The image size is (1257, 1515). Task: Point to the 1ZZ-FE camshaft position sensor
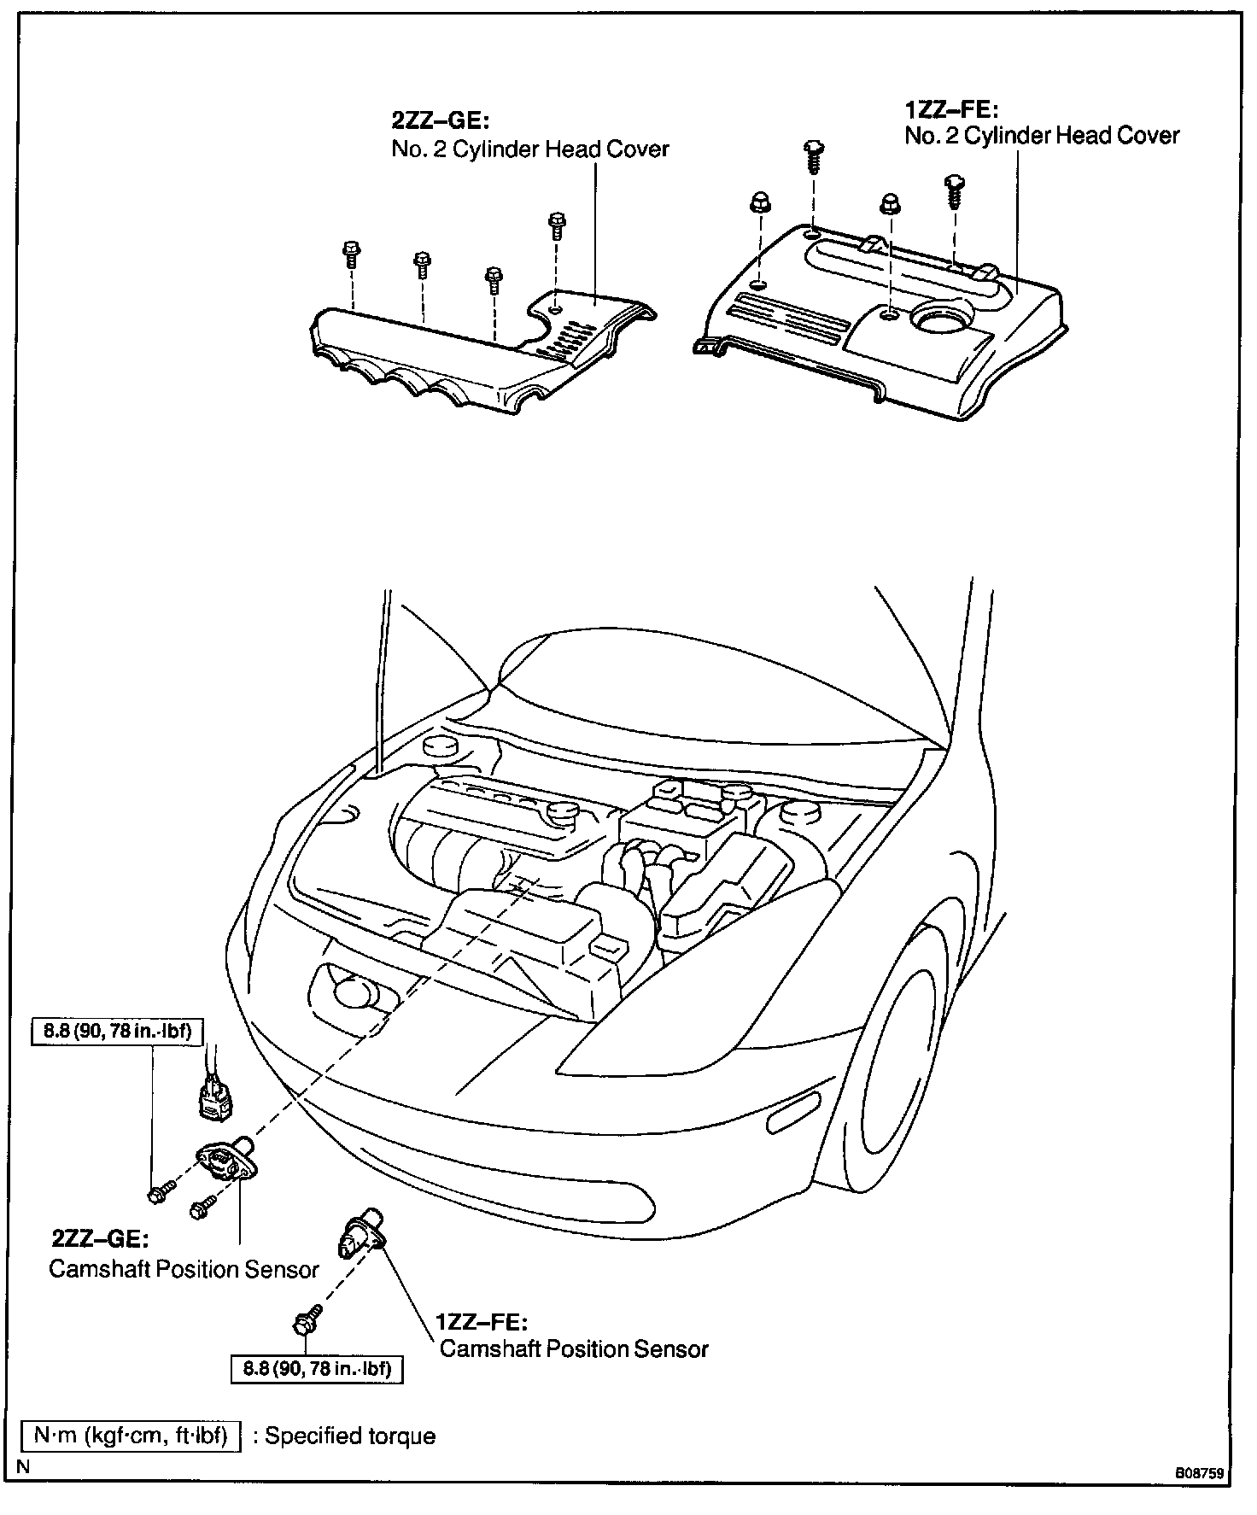coord(359,1238)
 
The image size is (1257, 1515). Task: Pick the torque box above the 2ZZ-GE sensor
coord(118,1032)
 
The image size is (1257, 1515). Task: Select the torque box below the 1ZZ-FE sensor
coord(317,1370)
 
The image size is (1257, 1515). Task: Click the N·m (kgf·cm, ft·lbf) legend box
coord(131,1436)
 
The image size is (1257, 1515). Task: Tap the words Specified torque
coord(350,1436)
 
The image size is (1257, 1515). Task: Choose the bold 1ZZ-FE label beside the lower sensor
coord(482,1323)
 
